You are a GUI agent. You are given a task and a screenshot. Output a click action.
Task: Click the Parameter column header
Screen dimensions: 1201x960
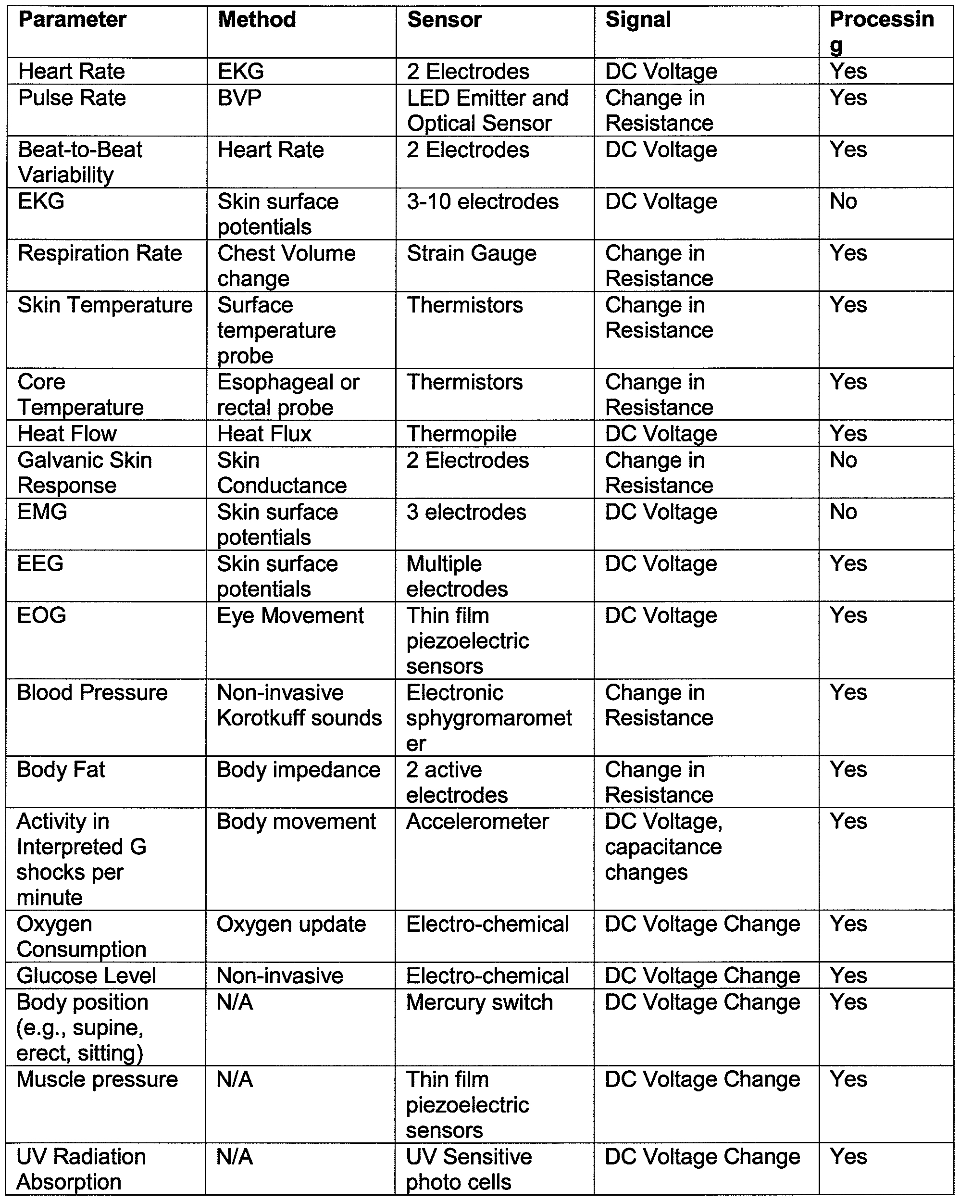(x=73, y=20)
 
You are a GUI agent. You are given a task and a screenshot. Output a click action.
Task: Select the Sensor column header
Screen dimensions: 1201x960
(x=444, y=20)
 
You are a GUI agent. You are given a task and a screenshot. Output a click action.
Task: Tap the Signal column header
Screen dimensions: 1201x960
(x=638, y=20)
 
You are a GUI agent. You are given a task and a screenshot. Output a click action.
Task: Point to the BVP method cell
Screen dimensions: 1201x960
(x=239, y=98)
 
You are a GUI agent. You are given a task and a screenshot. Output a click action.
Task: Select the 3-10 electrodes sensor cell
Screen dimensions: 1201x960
(x=482, y=201)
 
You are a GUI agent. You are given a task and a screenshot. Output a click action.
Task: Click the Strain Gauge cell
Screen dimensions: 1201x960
(x=472, y=253)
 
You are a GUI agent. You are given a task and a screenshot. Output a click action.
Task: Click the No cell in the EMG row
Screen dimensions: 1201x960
(x=843, y=512)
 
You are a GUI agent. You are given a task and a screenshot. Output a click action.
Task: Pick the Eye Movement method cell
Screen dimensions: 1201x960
(x=290, y=615)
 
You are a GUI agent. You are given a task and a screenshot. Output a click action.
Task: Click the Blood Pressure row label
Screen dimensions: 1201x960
(x=92, y=692)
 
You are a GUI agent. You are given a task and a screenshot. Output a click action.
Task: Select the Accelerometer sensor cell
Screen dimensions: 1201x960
(x=477, y=822)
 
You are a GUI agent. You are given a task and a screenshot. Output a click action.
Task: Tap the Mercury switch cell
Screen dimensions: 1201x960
(x=479, y=1002)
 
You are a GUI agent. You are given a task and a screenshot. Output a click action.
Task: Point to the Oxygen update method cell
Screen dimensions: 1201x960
(x=291, y=924)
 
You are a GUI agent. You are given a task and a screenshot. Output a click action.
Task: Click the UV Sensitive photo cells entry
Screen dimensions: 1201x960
(x=469, y=1169)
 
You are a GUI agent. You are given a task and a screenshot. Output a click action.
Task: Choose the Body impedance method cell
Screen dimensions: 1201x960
(x=299, y=770)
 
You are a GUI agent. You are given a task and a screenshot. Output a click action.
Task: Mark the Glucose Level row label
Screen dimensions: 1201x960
(x=87, y=976)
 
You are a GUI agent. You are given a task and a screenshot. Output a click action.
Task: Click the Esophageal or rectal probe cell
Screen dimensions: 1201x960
(x=288, y=395)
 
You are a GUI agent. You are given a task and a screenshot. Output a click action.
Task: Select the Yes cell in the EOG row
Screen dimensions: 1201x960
(x=848, y=615)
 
